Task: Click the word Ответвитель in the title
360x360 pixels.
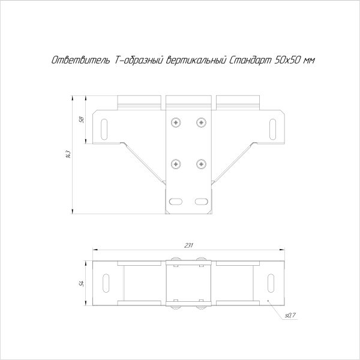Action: click(71, 60)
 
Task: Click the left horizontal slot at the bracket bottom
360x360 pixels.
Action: click(176, 201)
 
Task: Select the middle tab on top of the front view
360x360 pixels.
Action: click(189, 101)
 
